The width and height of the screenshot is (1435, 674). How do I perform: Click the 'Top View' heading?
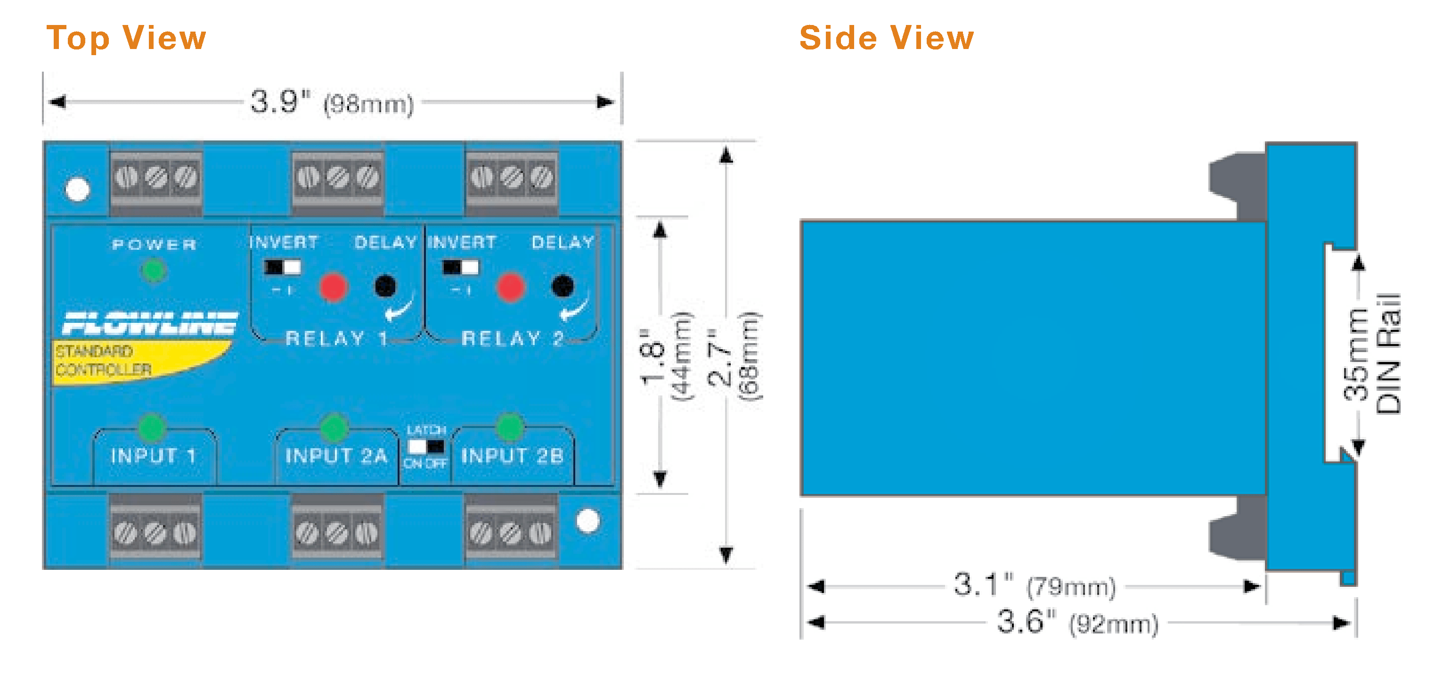coord(126,38)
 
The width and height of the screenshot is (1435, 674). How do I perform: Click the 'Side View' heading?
coord(886,38)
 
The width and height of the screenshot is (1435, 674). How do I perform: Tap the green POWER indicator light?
coord(154,271)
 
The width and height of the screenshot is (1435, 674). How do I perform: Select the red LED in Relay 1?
coord(333,287)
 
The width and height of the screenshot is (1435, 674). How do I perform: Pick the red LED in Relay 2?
coord(510,287)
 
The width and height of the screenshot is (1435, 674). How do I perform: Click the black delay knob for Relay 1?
coord(385,286)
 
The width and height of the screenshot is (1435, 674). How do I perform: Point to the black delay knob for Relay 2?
coord(562,286)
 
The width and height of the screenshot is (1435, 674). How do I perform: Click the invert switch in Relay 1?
coord(283,268)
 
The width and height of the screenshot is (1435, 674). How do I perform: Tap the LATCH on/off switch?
coord(426,446)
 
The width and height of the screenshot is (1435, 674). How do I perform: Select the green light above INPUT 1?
coord(152,427)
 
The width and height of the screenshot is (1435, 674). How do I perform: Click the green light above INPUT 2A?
coord(334,427)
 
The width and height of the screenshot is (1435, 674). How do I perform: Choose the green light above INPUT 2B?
coord(510,427)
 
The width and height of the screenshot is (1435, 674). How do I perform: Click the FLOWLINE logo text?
coord(149,323)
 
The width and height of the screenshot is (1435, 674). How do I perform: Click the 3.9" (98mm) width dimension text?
coord(332,103)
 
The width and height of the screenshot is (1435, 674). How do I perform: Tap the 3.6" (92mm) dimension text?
coord(1077,622)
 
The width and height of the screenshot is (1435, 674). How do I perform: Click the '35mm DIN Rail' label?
coord(1373,354)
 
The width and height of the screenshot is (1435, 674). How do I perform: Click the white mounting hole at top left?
coord(77,189)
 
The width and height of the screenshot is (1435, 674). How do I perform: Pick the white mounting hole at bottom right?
coord(587,521)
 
